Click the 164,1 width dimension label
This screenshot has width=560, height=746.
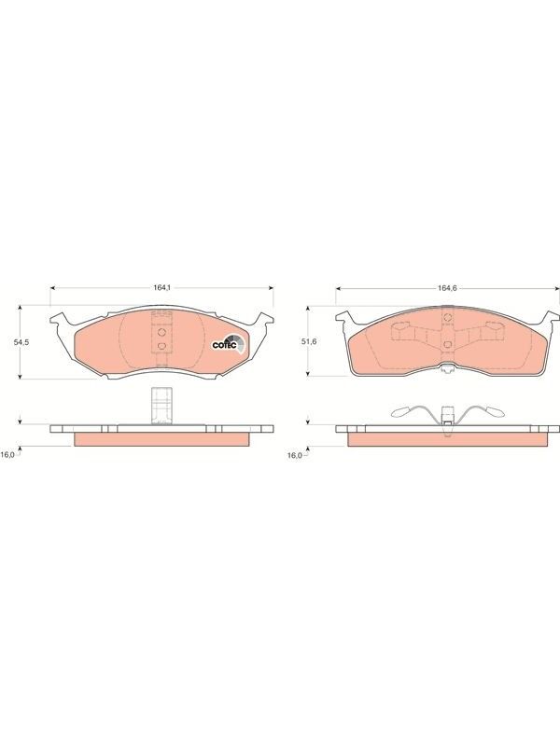(x=161, y=287)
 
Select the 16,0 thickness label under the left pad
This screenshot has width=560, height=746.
(x=7, y=455)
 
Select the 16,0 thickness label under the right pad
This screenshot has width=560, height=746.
(x=294, y=455)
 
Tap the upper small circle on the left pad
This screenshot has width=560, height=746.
(x=161, y=332)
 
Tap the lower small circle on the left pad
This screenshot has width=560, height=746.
(x=161, y=346)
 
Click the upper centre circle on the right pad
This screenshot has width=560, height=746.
(x=447, y=318)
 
